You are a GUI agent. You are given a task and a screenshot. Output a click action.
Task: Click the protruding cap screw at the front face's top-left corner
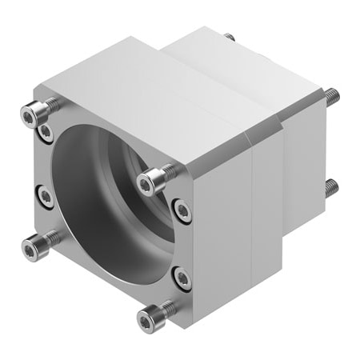(32, 117)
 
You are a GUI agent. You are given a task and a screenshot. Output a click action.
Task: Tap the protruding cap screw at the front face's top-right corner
(148, 184)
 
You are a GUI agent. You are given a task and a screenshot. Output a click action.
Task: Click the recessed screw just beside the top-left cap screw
(47, 130)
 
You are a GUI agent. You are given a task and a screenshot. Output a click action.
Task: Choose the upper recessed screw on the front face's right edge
(183, 211)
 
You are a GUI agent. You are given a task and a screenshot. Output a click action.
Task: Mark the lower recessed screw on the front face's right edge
(182, 278)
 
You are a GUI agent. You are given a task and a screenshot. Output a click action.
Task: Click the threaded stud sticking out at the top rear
(230, 37)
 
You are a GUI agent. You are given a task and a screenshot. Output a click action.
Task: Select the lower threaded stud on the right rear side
(331, 189)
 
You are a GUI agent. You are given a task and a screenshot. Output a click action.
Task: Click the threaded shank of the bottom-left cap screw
(50, 238)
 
